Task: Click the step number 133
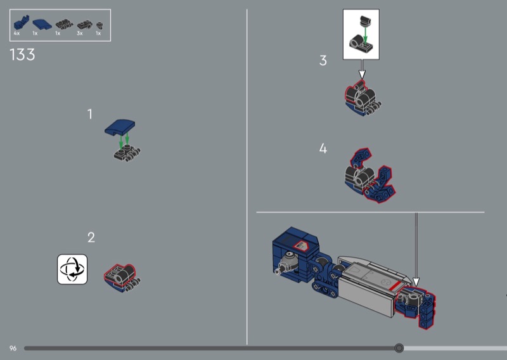click(x=22, y=55)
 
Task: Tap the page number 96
click(x=13, y=348)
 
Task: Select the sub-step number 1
click(x=90, y=114)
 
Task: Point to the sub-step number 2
click(x=91, y=238)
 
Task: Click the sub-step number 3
click(x=323, y=60)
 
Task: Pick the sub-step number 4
click(x=323, y=148)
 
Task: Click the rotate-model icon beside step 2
click(x=72, y=269)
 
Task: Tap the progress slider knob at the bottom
click(x=399, y=348)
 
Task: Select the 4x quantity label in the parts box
click(x=16, y=34)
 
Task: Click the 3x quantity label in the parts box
click(x=80, y=34)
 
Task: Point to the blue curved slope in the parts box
click(x=42, y=24)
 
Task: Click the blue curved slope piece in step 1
click(x=120, y=127)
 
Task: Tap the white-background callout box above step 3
click(x=361, y=34)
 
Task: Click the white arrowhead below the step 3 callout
click(x=362, y=74)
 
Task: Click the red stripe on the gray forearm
click(x=395, y=286)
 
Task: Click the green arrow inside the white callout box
click(x=366, y=34)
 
